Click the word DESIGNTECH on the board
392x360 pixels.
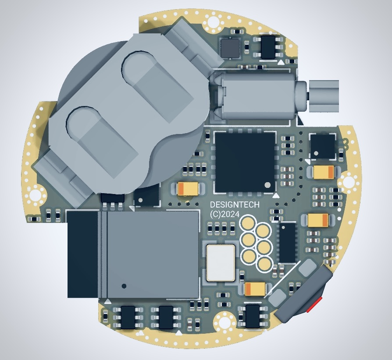coord(235,205)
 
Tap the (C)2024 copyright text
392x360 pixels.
coord(225,214)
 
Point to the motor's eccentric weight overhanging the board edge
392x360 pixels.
coord(324,96)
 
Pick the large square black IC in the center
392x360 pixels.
coord(245,162)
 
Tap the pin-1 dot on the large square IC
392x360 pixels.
coord(267,185)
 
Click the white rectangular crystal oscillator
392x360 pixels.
coord(221,263)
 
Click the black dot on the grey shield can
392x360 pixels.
coord(124,286)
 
